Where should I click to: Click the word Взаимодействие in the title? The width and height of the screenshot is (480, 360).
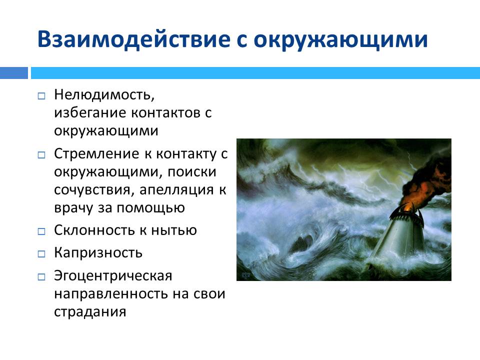(x=134, y=39)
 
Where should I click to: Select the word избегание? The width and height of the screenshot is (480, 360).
(x=90, y=112)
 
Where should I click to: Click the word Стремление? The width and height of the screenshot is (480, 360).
(x=96, y=154)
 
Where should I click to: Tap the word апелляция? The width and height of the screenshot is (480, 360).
(x=176, y=190)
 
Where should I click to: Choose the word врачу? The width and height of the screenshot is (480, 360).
(x=73, y=208)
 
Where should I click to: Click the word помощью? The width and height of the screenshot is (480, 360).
(x=150, y=208)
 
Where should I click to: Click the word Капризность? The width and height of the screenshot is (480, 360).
(x=98, y=253)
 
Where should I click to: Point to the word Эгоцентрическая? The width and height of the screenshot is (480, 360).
(x=113, y=276)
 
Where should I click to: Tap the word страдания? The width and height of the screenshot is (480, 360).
(x=90, y=312)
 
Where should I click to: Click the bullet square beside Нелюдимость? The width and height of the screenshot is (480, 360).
(x=41, y=96)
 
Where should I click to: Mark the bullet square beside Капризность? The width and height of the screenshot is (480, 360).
(x=41, y=254)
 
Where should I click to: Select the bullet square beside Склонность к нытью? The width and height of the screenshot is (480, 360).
(x=41, y=231)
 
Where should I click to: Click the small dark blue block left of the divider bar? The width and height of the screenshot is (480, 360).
(x=14, y=73)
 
